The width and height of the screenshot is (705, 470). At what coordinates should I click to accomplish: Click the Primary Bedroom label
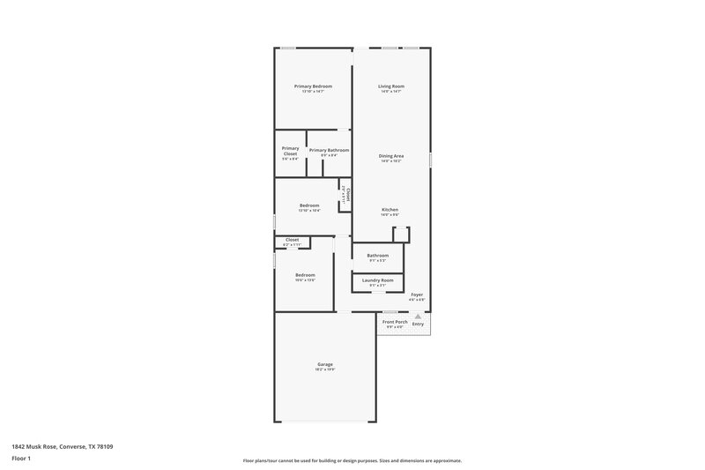point(313,86)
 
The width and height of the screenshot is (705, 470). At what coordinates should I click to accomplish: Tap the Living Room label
point(390,86)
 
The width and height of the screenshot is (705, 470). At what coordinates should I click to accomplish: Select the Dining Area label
point(391,155)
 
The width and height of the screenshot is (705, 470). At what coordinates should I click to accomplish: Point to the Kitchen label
point(390,209)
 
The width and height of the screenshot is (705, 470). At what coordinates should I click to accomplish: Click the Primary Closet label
point(290,151)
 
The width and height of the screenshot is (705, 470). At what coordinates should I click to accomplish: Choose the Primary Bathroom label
point(329,150)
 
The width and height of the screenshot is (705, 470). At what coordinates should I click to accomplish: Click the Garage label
point(325,364)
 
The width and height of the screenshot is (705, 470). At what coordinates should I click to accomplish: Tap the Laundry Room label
point(377,280)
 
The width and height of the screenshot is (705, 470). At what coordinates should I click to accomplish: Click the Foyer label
point(417,295)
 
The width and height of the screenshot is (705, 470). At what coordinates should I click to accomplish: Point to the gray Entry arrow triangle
point(418,315)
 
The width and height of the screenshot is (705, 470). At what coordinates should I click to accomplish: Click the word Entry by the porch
point(418,324)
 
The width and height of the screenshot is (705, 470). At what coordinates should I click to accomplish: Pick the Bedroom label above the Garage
point(305,274)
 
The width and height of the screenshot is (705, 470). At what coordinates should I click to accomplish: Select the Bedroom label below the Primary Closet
point(308,205)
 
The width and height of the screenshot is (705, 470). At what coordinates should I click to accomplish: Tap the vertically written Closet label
point(348,195)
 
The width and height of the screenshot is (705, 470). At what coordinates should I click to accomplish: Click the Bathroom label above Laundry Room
point(377,256)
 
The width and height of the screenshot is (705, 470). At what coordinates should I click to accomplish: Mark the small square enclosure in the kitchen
point(401,234)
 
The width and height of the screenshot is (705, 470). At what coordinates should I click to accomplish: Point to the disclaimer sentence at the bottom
point(352,460)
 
